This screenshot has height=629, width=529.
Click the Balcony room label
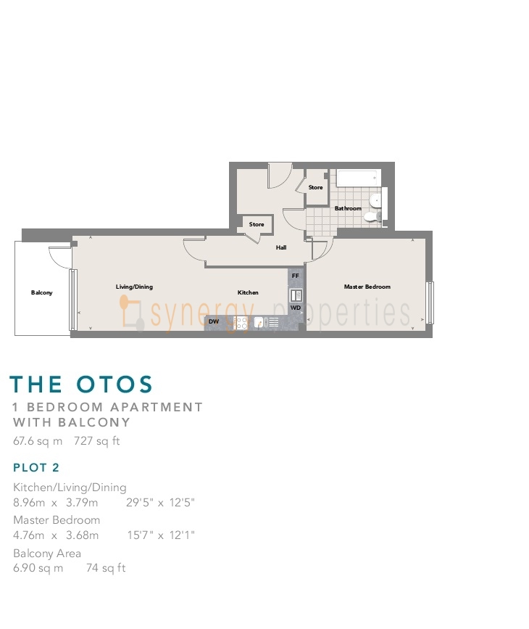(42, 292)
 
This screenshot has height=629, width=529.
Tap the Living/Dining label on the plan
(134, 287)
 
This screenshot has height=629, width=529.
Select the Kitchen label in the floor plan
(248, 292)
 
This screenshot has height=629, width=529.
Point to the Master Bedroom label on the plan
(367, 287)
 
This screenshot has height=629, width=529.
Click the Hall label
(281, 247)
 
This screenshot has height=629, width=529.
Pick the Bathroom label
(348, 208)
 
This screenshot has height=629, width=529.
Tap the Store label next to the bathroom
(315, 187)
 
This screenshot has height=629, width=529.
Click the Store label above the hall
(257, 224)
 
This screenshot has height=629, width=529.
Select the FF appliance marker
(296, 276)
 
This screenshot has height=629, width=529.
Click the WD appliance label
(296, 308)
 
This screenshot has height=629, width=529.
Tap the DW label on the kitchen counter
(214, 321)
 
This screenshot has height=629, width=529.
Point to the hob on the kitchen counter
(241, 323)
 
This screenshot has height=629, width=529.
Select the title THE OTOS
(81, 385)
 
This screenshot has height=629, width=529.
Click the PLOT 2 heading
(36, 467)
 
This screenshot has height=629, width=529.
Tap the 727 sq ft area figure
(97, 441)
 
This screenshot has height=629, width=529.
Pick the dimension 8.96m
(29, 502)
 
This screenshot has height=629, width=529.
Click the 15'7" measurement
(141, 535)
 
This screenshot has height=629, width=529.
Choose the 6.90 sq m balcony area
(38, 568)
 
